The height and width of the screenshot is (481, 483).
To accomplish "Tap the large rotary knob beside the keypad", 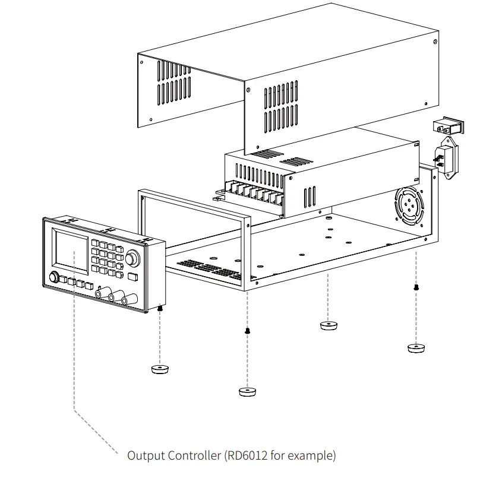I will pyautogui.click(x=132, y=258).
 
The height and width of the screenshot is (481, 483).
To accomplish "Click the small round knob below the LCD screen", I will pyautogui.click(x=55, y=277).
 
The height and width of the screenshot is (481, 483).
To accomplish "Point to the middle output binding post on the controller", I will pyautogui.click(x=113, y=295).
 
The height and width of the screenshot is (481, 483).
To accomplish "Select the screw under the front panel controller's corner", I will pyautogui.click(x=160, y=309).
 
